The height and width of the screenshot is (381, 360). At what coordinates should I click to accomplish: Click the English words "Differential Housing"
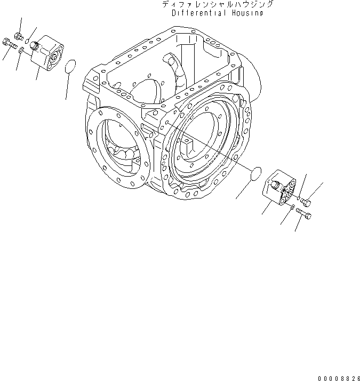coord(217,13)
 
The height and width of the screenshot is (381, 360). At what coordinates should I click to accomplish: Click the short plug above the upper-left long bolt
coord(19,36)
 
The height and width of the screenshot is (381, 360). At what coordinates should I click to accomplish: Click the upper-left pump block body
coord(47,55)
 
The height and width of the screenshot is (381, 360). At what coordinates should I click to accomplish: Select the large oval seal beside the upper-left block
coord(69,67)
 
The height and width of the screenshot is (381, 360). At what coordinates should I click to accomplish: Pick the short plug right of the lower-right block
coord(306,202)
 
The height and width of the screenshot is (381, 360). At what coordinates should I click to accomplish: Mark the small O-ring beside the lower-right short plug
coord(298,196)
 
